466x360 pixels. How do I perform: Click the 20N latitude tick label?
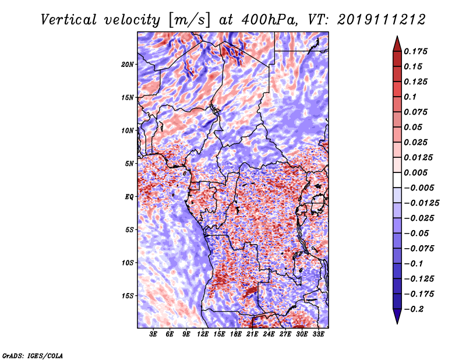click(128, 64)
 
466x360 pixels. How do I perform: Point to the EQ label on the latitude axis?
click(129, 196)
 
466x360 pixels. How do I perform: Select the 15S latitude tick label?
click(128, 295)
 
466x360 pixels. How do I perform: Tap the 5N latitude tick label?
click(129, 164)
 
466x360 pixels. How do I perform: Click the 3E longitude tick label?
click(153, 335)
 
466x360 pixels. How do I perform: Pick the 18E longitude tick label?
click(236, 335)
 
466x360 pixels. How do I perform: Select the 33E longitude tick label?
click(319, 335)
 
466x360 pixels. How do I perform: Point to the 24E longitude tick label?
click(269, 335)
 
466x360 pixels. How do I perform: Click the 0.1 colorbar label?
click(411, 97)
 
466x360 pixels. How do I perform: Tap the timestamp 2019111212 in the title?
click(373, 19)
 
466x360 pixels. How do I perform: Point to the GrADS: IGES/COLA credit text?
click(32, 355)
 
